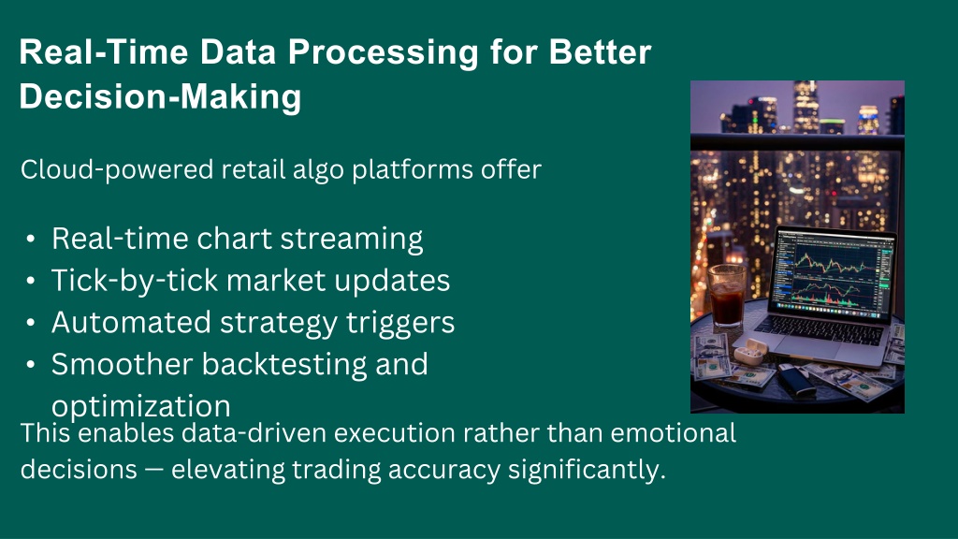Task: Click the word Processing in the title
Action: click(x=383, y=53)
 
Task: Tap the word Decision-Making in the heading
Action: click(x=160, y=97)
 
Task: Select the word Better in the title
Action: click(x=600, y=51)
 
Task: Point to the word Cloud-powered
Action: click(x=117, y=170)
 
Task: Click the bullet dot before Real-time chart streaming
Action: click(x=31, y=239)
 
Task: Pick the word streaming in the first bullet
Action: click(x=352, y=239)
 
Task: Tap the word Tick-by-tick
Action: click(x=135, y=281)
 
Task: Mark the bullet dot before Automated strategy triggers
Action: click(x=31, y=323)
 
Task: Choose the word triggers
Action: click(x=400, y=323)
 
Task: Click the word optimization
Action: click(x=141, y=406)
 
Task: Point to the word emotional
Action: click(x=673, y=432)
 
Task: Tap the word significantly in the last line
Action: click(x=587, y=470)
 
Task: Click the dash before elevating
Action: click(x=154, y=471)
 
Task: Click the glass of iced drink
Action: click(x=726, y=295)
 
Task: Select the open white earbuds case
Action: click(x=750, y=352)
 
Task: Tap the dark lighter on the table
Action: click(x=797, y=380)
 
